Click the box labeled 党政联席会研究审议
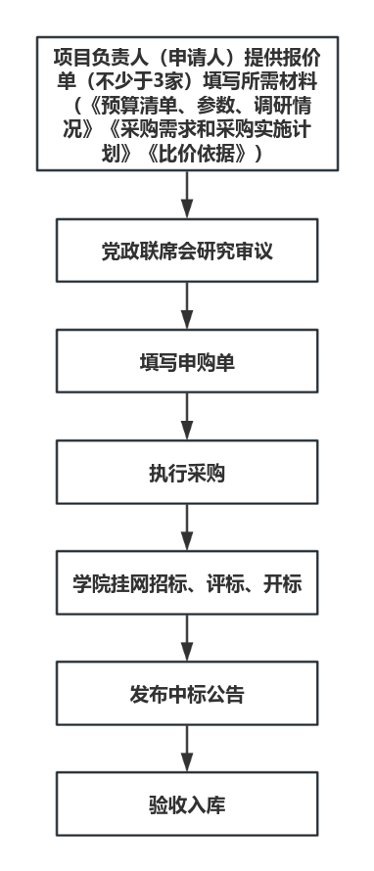pyautogui.click(x=187, y=250)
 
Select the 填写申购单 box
pyautogui.click(x=187, y=361)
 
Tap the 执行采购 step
pyautogui.click(x=187, y=472)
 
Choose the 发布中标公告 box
pyautogui.click(x=187, y=693)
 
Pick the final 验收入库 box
pyautogui.click(x=187, y=803)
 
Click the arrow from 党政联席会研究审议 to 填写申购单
pyautogui.click(x=187, y=305)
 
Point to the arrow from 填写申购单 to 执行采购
pyautogui.click(x=187, y=417)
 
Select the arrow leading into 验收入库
pyautogui.click(x=187, y=749)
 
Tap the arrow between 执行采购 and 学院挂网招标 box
pyautogui.click(x=187, y=527)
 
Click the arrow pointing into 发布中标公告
pyautogui.click(x=187, y=638)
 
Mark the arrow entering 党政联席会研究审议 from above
pyautogui.click(x=187, y=195)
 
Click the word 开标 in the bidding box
pyautogui.click(x=282, y=584)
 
